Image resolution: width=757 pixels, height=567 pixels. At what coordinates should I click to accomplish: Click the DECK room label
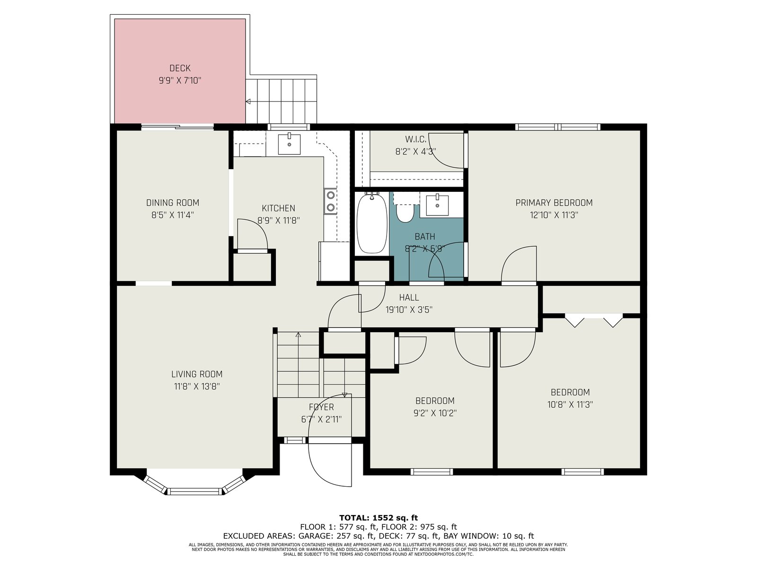click(180, 68)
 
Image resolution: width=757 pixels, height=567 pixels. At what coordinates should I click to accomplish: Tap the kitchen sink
click(289, 144)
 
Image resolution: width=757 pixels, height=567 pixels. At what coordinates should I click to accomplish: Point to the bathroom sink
click(437, 206)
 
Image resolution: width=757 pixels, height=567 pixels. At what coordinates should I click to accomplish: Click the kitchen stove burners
click(330, 201)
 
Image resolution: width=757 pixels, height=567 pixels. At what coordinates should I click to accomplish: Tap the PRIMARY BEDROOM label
click(554, 203)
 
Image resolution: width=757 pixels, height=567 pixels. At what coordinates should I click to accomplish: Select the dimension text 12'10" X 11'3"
click(554, 215)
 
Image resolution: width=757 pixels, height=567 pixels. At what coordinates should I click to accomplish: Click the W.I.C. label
click(415, 139)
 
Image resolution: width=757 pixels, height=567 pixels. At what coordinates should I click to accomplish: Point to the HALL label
click(409, 298)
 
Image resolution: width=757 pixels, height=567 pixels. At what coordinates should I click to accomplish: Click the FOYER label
click(321, 407)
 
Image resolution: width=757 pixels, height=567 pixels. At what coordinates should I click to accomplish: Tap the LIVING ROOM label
click(197, 374)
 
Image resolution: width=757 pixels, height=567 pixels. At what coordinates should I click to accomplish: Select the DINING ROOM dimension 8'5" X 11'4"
click(172, 215)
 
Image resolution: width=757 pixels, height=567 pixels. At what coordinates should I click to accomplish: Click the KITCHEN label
click(278, 208)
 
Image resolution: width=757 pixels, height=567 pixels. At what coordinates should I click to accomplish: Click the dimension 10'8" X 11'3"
click(570, 404)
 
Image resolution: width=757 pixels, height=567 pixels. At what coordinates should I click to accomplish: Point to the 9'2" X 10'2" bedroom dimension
click(435, 413)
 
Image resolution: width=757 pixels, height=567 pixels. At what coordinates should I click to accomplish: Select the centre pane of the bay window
click(195, 491)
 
